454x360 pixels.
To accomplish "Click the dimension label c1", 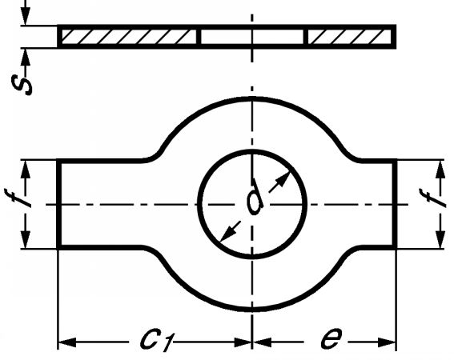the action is coord(157,339).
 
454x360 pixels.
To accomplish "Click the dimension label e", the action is coord(331,338).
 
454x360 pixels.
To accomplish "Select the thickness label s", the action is coord(22,85).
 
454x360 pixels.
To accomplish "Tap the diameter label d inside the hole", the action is coord(255,197).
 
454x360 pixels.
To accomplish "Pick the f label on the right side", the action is coord(432,198).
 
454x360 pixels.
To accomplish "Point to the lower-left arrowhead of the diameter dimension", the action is coord(227,234).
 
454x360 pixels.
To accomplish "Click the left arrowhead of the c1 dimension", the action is coord(67,342).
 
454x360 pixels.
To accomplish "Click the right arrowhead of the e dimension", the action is coord(387,342).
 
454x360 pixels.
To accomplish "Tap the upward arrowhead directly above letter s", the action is coord(26,58).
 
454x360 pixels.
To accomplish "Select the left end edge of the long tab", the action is coord(59,204).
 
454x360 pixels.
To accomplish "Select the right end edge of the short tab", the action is coord(395,204).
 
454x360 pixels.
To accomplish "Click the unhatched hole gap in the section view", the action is coord(252,37).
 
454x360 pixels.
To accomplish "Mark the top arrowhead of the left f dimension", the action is coord(26,169).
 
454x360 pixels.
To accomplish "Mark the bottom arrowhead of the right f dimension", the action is coord(440,239).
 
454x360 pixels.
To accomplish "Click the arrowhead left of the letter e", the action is coord(262,342).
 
